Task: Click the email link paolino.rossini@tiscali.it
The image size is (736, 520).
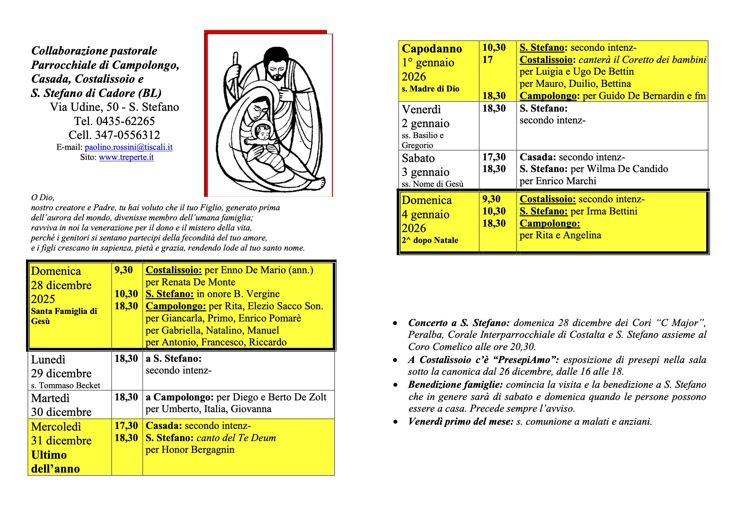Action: (x=128, y=147)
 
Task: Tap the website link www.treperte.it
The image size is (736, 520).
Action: (x=126, y=157)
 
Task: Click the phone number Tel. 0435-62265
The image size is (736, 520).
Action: (x=114, y=121)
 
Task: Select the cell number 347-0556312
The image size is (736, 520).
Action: (x=127, y=135)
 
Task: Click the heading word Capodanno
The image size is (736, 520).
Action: (x=432, y=49)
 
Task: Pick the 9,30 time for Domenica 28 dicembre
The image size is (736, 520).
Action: (x=124, y=270)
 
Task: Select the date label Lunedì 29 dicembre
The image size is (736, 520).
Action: (x=61, y=366)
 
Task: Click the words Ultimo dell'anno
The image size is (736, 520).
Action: (x=55, y=462)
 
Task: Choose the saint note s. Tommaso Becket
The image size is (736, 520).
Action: (x=65, y=385)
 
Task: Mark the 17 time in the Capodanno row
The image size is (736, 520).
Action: (x=487, y=60)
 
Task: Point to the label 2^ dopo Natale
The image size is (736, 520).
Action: (x=430, y=240)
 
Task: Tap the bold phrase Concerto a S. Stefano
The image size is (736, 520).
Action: (x=459, y=323)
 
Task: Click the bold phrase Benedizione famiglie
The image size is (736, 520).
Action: (x=455, y=385)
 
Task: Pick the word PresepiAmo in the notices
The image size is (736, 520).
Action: (x=529, y=360)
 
